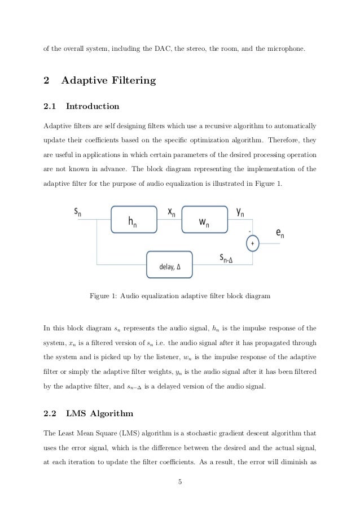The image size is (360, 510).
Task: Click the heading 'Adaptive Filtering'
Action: tap(108, 80)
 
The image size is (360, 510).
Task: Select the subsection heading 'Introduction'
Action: tap(93, 106)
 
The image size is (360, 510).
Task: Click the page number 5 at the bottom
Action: tap(179, 482)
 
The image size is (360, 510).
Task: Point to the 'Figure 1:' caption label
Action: tap(105, 295)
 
